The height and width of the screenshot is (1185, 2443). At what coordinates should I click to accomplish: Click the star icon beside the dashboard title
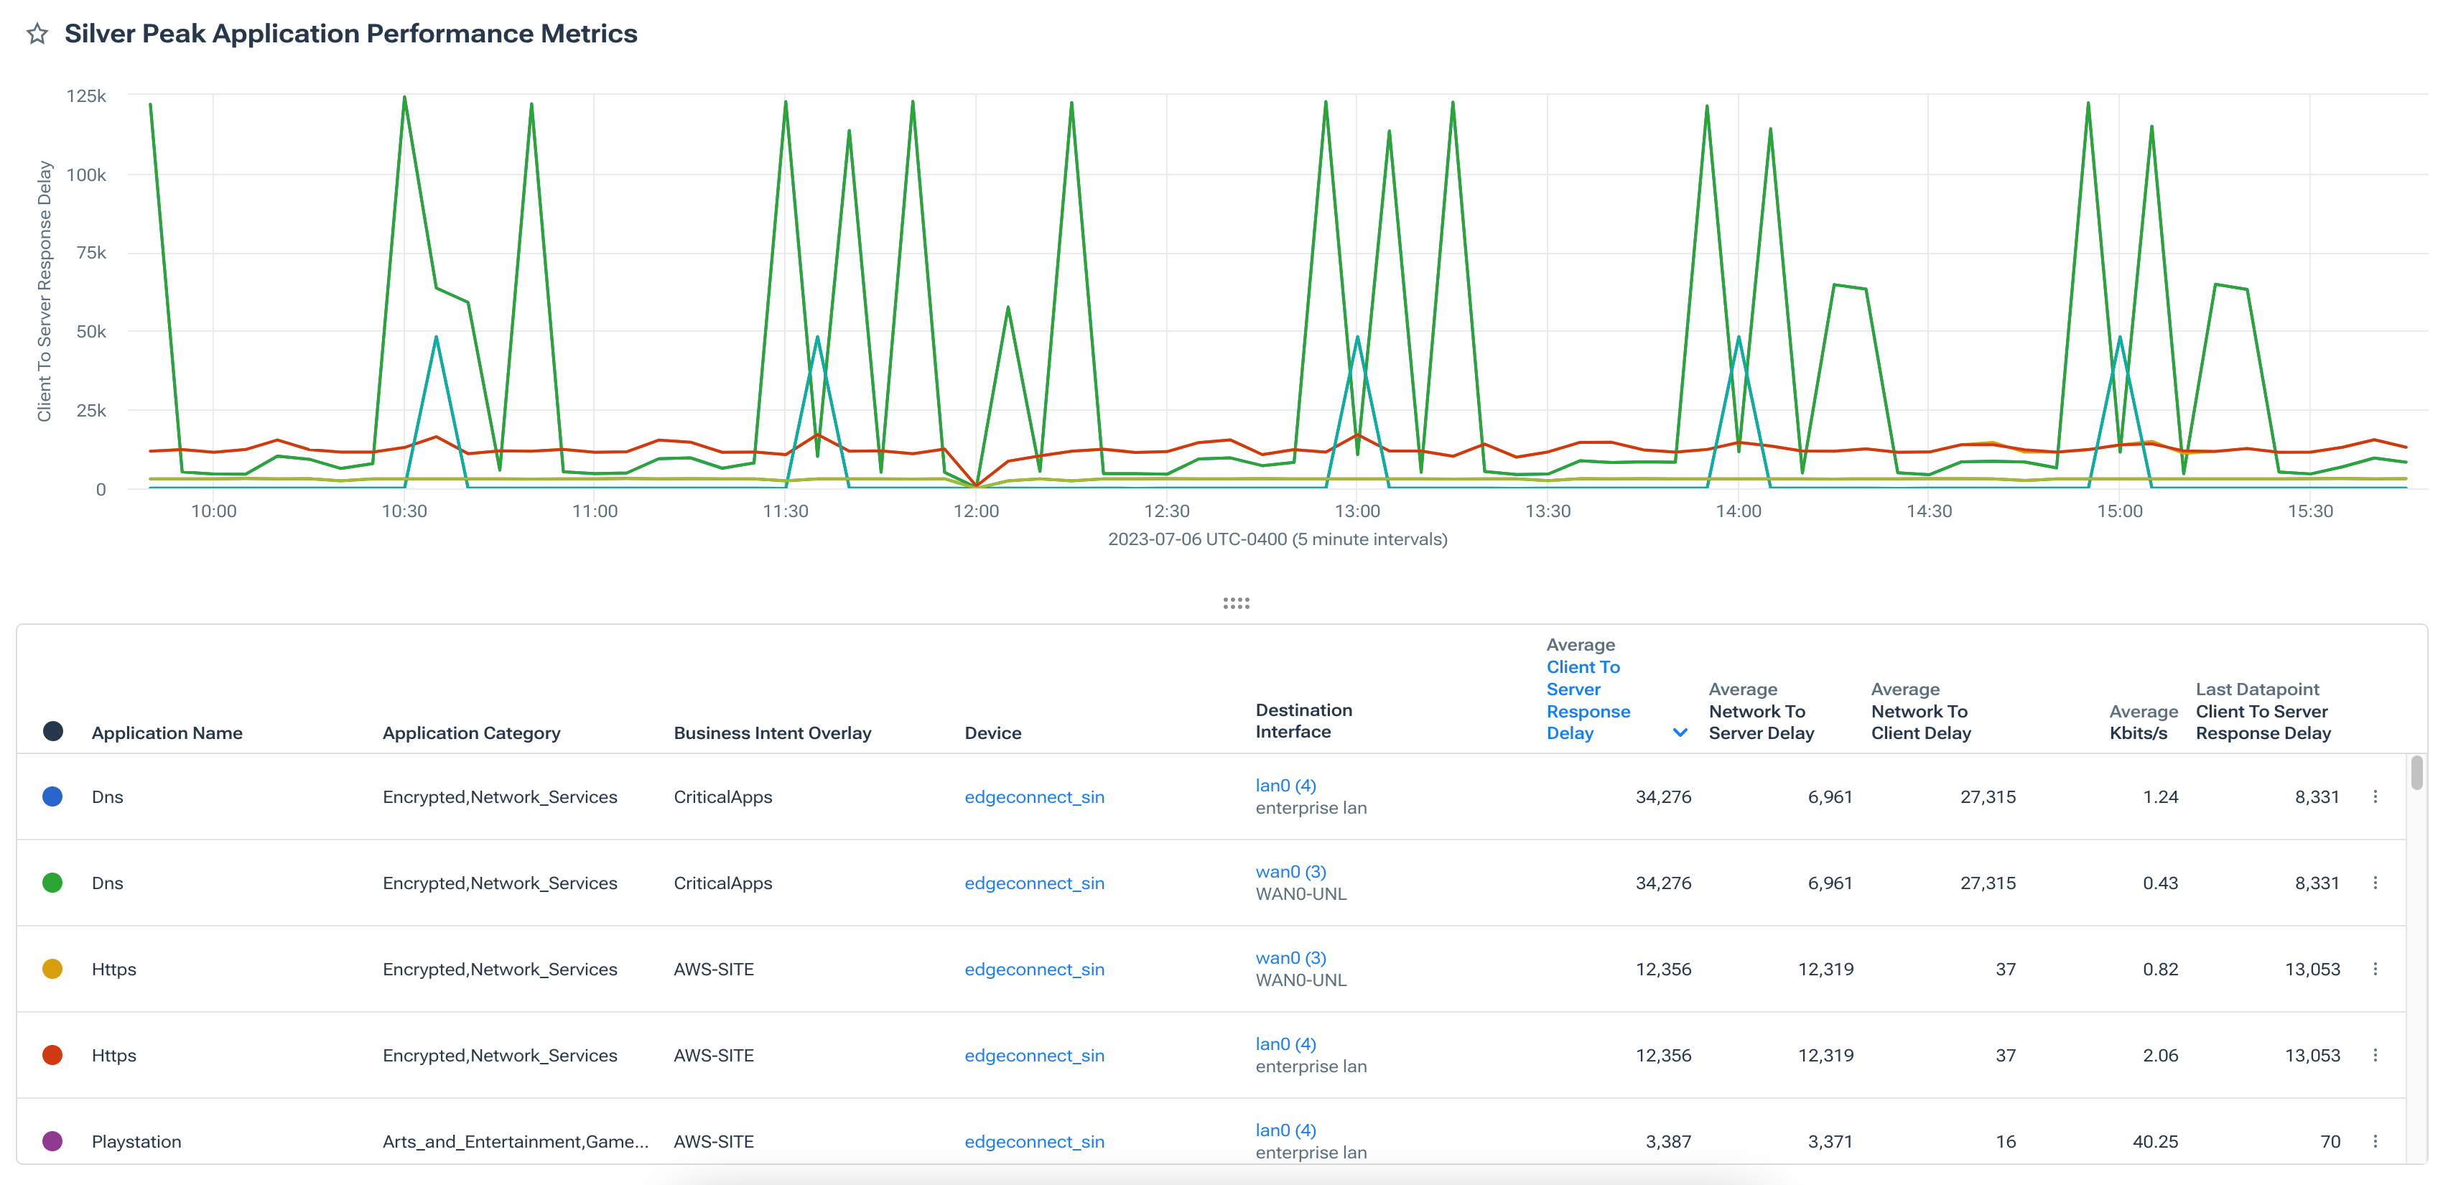(37, 34)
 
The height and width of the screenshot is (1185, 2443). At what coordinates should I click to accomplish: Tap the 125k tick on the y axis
(86, 96)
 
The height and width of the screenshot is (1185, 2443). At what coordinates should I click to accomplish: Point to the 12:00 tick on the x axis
(976, 511)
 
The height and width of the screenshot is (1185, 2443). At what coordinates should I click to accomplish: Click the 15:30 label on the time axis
(2309, 511)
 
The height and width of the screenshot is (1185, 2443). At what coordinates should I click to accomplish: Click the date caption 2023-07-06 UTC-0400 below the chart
(1277, 540)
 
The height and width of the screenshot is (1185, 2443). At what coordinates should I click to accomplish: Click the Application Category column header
(471, 733)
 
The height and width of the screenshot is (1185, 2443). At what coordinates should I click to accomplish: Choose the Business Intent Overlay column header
(772, 733)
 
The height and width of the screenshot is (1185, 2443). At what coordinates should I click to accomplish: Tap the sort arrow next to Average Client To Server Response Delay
(1680, 733)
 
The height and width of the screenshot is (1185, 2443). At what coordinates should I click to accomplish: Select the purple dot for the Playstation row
(53, 1141)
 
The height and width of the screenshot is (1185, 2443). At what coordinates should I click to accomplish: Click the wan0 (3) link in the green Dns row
(1290, 872)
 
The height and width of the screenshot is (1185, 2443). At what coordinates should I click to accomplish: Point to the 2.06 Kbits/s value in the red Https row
(2159, 1056)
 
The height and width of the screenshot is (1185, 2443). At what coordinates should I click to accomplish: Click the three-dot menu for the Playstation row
(2375, 1141)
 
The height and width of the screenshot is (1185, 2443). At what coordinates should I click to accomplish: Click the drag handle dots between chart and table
(1236, 603)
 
